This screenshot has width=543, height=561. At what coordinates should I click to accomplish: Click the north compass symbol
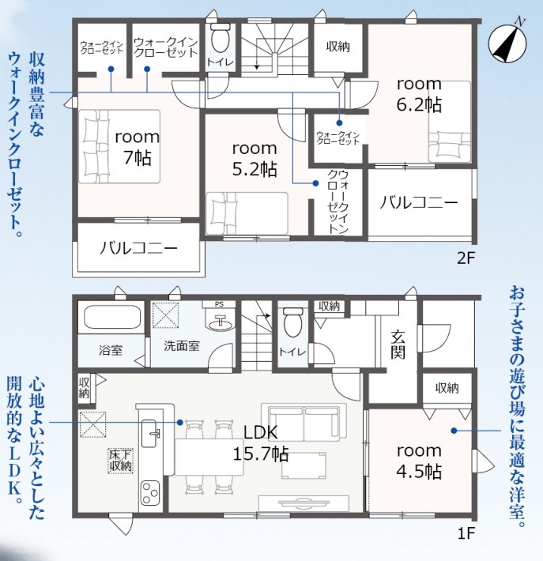click(507, 43)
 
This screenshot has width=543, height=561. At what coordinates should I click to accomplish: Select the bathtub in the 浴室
click(111, 317)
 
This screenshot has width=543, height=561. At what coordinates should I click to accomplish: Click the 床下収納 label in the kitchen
click(121, 461)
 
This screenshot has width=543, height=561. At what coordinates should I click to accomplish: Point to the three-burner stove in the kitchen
click(150, 492)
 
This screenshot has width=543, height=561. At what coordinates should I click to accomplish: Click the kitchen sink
click(149, 433)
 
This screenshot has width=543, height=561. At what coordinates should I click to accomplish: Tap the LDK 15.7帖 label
click(261, 443)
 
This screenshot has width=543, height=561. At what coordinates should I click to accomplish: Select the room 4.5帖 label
click(419, 461)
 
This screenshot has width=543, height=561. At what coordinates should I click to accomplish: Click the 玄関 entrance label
click(398, 345)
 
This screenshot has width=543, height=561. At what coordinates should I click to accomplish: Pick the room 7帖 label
click(137, 148)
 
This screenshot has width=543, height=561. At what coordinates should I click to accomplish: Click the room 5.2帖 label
click(255, 159)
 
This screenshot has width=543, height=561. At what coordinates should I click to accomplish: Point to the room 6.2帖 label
click(419, 95)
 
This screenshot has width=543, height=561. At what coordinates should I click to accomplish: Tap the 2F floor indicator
click(466, 258)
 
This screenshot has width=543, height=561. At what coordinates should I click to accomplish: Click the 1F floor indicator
click(466, 534)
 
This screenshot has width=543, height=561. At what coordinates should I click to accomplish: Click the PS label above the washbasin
click(219, 304)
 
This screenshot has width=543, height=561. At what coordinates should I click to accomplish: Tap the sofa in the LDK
click(304, 422)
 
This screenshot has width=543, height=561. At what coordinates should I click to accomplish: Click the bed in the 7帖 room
click(119, 147)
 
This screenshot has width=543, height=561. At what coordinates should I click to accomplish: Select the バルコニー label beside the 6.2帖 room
click(419, 203)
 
